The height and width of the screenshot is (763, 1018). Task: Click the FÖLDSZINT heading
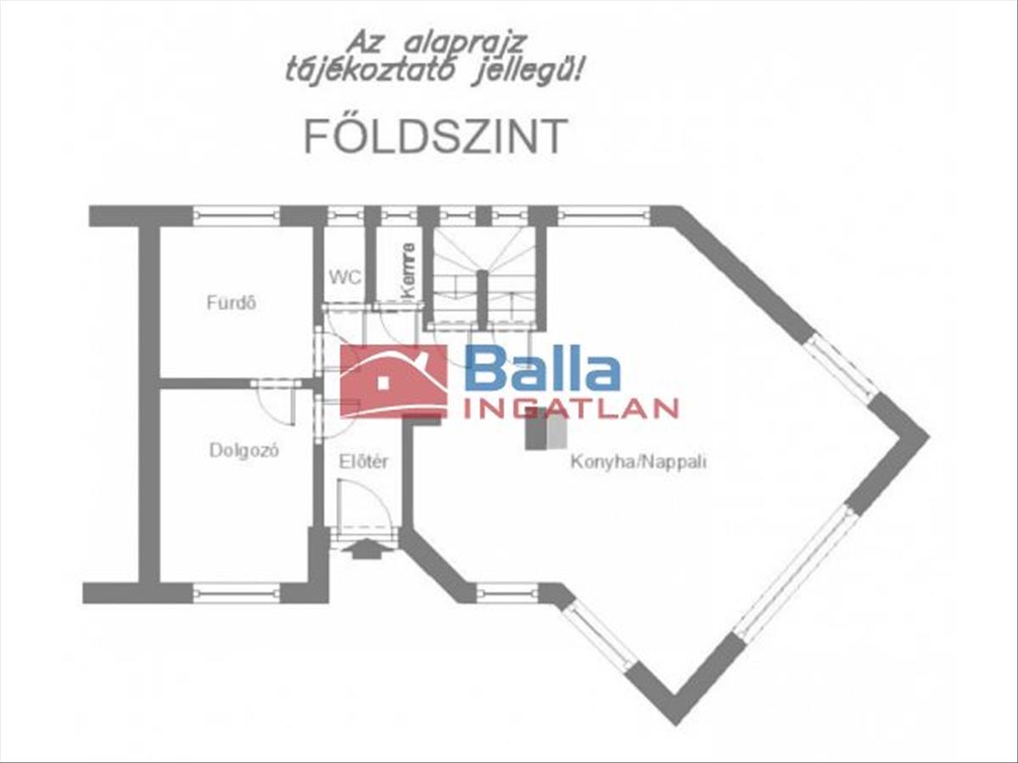tap(435, 136)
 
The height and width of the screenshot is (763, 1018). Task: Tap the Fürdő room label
tap(232, 302)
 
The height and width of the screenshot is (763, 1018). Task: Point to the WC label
tap(345, 277)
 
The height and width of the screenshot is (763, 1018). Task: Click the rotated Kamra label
tap(409, 270)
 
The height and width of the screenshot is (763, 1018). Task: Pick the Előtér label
tap(363, 462)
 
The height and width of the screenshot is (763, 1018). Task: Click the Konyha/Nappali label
tap(638, 463)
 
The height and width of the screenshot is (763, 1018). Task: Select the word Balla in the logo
tap(542, 370)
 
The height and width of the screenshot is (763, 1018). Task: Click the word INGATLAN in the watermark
tap(572, 409)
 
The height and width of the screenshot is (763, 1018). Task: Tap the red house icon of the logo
tap(393, 381)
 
